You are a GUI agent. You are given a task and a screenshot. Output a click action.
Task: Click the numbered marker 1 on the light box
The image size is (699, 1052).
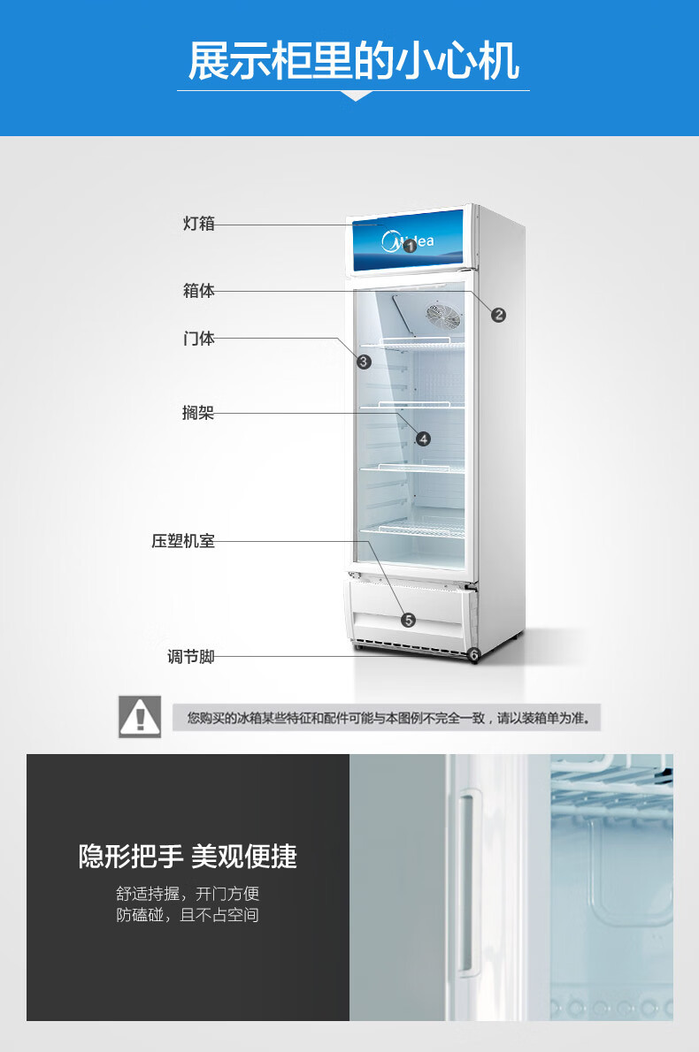(x=410, y=247)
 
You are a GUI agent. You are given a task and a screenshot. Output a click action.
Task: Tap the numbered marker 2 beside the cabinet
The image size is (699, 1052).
(x=499, y=315)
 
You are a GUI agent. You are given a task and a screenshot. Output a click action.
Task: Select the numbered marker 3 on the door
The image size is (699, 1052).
(x=365, y=361)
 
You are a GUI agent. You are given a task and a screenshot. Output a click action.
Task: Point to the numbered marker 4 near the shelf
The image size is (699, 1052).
(x=423, y=438)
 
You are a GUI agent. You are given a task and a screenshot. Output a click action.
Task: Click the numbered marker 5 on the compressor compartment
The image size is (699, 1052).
(x=408, y=620)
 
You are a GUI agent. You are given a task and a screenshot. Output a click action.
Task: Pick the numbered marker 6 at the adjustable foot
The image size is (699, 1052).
(x=473, y=655)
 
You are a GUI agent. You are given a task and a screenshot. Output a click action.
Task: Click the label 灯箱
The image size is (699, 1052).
(x=199, y=224)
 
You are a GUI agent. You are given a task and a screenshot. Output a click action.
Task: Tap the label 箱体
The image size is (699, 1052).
(x=199, y=291)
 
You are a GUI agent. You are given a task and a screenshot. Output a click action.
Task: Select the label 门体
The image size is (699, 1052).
(x=199, y=338)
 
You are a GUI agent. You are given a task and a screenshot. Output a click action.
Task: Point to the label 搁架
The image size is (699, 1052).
(x=199, y=413)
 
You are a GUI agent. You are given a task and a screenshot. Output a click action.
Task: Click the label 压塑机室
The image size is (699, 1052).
(x=183, y=541)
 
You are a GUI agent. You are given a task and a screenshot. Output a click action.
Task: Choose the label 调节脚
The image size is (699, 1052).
(x=191, y=657)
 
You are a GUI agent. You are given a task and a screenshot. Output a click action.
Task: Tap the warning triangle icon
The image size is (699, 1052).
(x=140, y=716)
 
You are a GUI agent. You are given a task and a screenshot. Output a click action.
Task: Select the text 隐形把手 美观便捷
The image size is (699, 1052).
(x=188, y=856)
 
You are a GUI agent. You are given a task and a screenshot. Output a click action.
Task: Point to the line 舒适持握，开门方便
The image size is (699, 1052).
(x=188, y=894)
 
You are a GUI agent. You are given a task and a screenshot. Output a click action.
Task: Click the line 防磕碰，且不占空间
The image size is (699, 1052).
(x=188, y=916)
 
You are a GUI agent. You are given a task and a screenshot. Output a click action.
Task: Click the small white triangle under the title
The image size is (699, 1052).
(x=355, y=95)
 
